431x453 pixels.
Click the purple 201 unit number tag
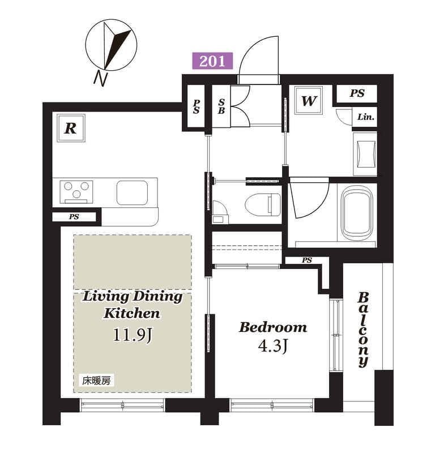[x=212, y=61]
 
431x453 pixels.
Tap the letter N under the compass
[x=100, y=78]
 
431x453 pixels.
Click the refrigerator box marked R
[x=71, y=128]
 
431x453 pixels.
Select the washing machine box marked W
[x=309, y=101]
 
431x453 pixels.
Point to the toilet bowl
[x=263, y=204]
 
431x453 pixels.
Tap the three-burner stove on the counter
[x=76, y=192]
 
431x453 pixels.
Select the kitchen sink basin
[x=133, y=193]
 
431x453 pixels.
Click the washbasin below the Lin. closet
[x=365, y=154]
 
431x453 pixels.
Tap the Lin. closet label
[x=366, y=117]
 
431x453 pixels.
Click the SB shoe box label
[x=221, y=106]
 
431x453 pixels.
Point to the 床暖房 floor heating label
[x=96, y=381]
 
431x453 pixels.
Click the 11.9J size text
[x=133, y=335]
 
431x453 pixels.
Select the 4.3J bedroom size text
[x=273, y=345]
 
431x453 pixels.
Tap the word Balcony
[x=363, y=330]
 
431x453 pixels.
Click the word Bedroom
[x=273, y=327]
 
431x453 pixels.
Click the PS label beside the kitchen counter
[x=74, y=217]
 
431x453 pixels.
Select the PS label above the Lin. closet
[x=357, y=93]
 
